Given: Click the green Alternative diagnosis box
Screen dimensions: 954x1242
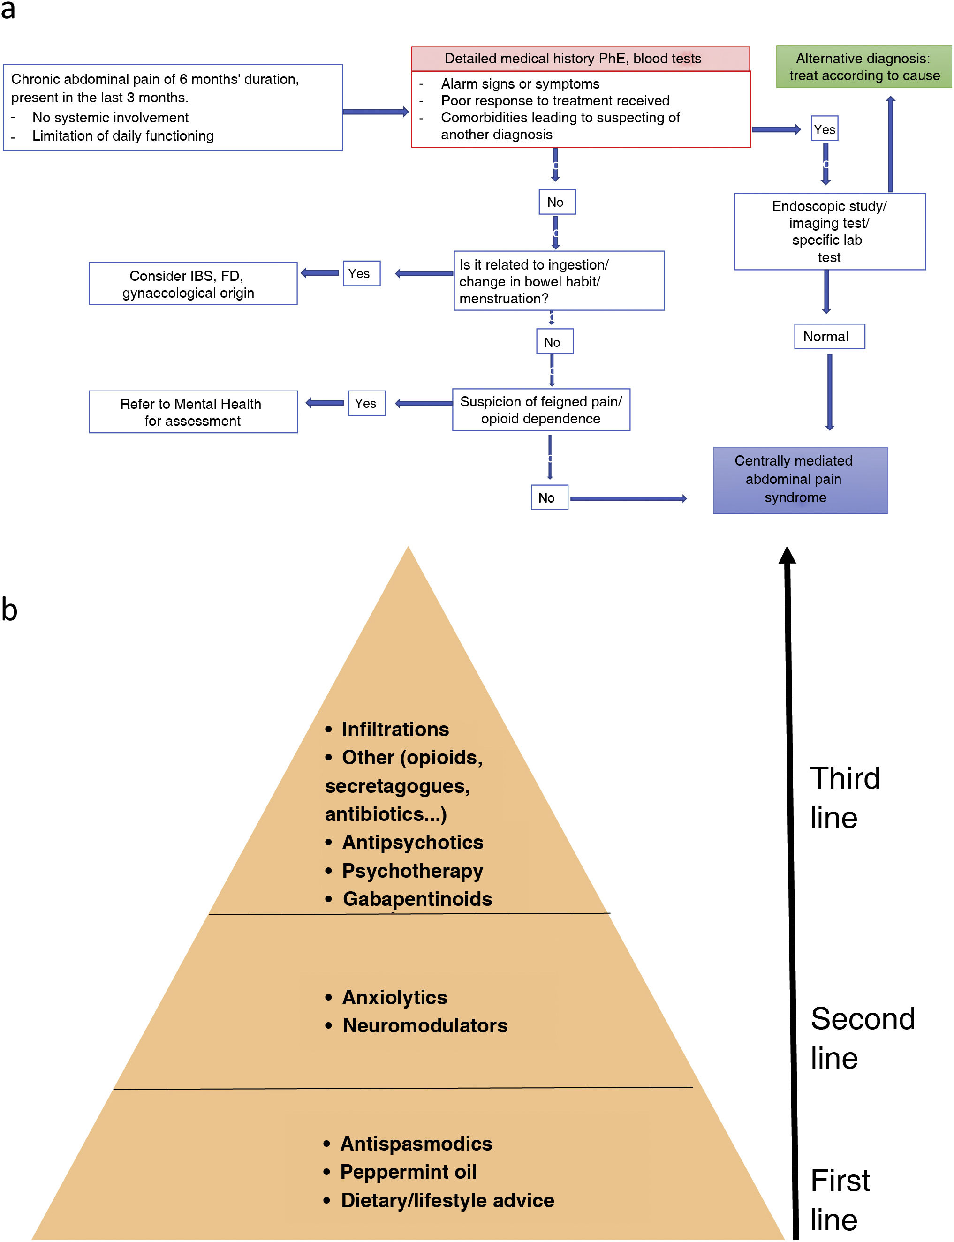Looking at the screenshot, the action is coord(863,67).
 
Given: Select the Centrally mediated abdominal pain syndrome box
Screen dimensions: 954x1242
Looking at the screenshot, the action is coord(800,480).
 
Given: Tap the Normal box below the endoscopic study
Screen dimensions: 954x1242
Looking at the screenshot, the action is coord(829,337).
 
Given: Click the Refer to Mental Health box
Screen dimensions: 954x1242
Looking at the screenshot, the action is coord(193,412).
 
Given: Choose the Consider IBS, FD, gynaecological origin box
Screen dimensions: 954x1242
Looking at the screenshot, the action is coord(193,284).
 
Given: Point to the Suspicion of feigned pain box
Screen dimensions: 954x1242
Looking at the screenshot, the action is coord(541,410).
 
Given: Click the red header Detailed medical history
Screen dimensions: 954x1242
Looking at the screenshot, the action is coord(580,59).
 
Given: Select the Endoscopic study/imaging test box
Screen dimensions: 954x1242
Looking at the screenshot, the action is coord(830,232).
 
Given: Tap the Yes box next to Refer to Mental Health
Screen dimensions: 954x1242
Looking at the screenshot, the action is coord(366,403).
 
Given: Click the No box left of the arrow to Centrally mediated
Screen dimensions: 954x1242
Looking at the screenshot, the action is coord(549,497).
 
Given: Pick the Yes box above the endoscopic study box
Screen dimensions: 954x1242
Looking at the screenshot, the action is coord(825,129).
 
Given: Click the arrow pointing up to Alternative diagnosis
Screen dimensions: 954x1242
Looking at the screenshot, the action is coord(890,144).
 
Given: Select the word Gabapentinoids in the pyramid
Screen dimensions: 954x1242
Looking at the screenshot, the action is coord(417,899).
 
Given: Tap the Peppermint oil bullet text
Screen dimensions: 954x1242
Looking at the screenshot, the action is coord(409,1171).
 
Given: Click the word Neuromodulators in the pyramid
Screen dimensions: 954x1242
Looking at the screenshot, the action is coord(425,1025).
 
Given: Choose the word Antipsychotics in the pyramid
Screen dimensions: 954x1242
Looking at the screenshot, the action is coord(412,842).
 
